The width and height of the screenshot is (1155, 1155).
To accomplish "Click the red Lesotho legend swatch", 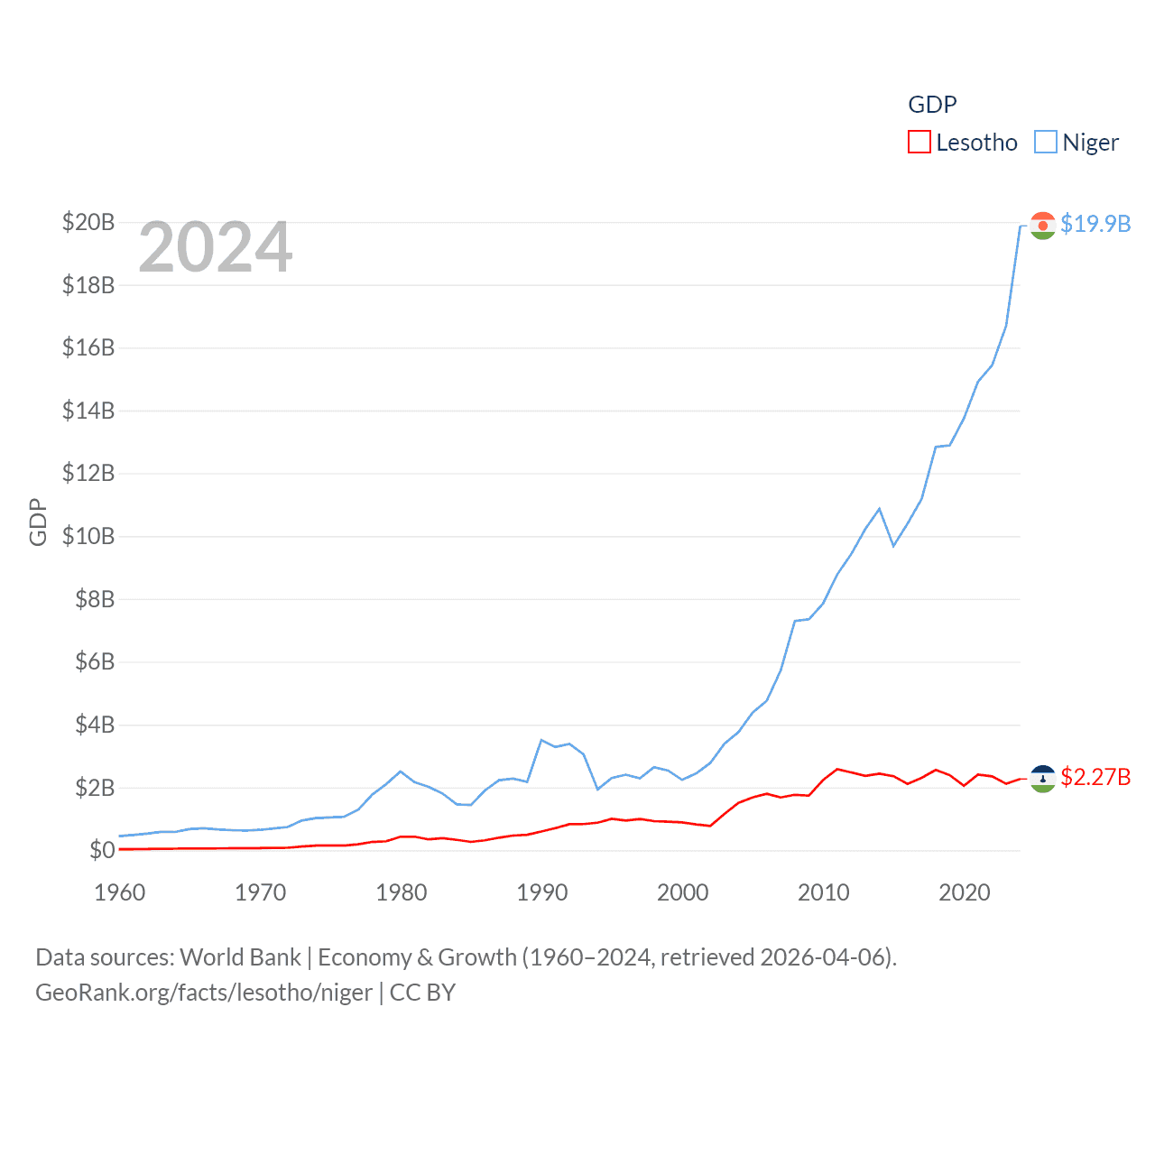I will coord(919,143).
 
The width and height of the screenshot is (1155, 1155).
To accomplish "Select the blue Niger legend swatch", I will coord(1045,143).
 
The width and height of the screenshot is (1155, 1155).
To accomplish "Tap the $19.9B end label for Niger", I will coord(1095,224).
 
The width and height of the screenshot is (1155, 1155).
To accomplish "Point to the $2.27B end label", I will coord(1095,777).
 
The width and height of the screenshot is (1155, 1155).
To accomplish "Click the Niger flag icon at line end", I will coord(1042,226).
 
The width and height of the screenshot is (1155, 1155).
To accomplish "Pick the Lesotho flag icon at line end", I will coord(1042,779).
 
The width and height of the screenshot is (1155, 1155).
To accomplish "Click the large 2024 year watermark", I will coord(216,247).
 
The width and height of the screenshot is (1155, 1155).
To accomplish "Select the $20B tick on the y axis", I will coord(88,222).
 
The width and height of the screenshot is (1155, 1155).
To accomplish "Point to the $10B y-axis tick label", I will coord(88,536).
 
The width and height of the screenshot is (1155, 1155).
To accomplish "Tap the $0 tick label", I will coord(102,850).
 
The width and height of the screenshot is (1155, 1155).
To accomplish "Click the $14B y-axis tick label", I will coord(88,411).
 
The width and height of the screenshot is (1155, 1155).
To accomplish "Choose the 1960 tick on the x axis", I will coord(120,892).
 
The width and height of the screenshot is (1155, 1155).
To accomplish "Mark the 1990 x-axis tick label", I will coord(542,892).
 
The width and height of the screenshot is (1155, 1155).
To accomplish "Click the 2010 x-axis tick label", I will coord(824,892).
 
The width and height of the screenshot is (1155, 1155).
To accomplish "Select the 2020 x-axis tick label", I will coord(965,892).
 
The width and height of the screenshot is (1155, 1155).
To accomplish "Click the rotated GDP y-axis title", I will coord(38,522).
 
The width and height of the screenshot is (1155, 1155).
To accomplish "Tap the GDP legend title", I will coord(932,105).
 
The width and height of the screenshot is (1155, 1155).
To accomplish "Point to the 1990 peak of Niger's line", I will coord(541,740).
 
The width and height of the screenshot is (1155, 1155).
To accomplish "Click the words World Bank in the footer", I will coord(241,956).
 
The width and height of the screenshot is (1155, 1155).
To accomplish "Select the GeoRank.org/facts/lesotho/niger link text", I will coord(204,993).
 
